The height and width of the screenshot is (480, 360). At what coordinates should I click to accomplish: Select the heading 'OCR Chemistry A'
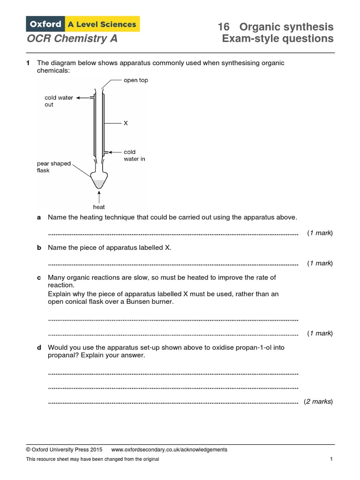[72, 38]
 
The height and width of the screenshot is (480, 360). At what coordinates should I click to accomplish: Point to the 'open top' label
[135, 80]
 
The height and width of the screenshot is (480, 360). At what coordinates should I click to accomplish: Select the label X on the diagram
[125, 124]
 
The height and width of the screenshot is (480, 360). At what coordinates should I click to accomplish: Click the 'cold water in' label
[135, 155]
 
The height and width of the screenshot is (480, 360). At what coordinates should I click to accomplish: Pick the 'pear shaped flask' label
[54, 167]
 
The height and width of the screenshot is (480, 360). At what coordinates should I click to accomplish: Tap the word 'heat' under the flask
[99, 207]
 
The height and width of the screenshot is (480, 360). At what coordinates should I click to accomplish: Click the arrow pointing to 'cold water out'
[83, 98]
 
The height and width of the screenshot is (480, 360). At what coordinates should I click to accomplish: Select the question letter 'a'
[39, 217]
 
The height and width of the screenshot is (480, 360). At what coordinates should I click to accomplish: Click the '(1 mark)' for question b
[320, 263]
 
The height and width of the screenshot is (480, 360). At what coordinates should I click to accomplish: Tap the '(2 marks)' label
[318, 402]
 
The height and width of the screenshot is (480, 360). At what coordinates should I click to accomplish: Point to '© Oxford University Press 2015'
[64, 450]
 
